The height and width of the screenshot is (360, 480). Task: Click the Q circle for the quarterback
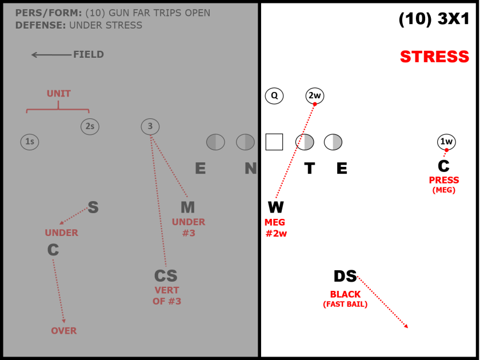(x=274, y=96)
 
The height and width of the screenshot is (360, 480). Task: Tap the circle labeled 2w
(x=315, y=96)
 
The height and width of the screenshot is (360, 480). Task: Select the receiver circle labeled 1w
(x=446, y=142)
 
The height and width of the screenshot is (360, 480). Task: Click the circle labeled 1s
(x=30, y=142)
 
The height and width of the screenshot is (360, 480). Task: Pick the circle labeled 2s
(x=90, y=127)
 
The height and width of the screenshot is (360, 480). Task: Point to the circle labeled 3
(x=150, y=127)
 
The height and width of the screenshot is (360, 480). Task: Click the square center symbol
(x=274, y=142)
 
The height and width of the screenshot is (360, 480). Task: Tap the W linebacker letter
(x=275, y=207)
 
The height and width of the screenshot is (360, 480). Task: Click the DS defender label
(x=345, y=277)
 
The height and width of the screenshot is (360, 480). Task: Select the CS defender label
(x=166, y=276)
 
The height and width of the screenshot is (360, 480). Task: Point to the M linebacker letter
(x=187, y=207)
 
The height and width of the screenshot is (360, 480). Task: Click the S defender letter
(x=93, y=208)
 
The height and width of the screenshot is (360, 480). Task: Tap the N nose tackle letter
(x=251, y=168)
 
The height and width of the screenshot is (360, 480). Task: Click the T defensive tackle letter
(x=309, y=168)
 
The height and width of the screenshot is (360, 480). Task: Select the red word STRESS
(x=434, y=57)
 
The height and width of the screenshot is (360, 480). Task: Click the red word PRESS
(x=444, y=180)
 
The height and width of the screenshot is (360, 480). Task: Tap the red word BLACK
(x=345, y=295)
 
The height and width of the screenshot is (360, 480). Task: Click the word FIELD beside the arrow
(x=89, y=55)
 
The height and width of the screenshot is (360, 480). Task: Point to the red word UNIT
(x=59, y=94)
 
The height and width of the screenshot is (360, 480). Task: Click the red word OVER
(x=64, y=331)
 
